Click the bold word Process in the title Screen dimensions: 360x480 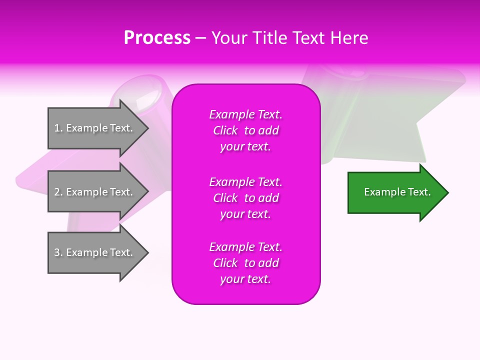(157, 38)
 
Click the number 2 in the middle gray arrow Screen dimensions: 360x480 (57, 192)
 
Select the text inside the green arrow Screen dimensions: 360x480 (397, 192)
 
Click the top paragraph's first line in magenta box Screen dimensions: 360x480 (245, 114)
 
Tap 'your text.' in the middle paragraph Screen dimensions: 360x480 (245, 214)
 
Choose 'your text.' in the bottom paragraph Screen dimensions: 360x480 (245, 279)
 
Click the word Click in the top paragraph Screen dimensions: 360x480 (225, 130)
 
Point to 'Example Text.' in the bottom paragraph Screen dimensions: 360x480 (245, 247)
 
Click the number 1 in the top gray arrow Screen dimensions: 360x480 (57, 128)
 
